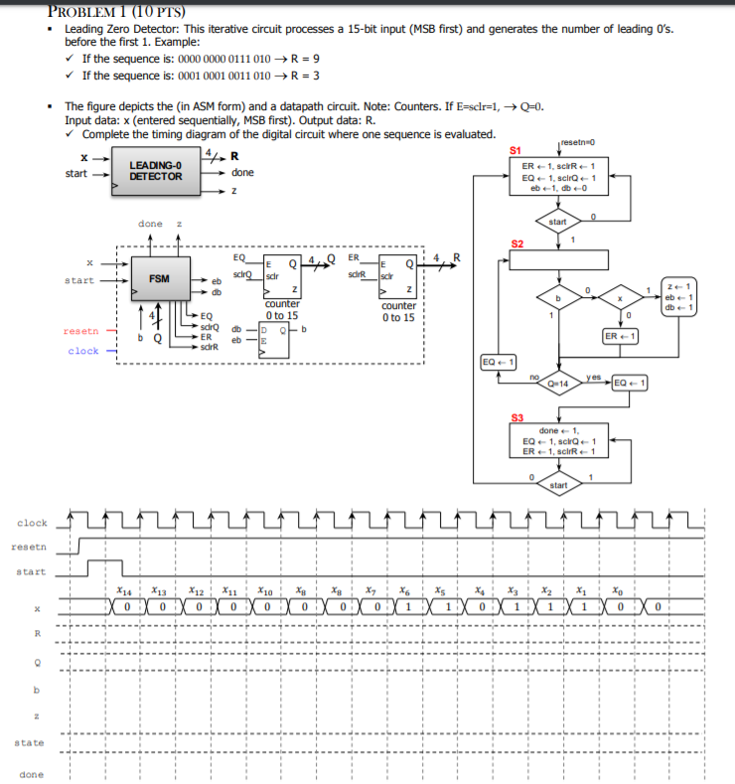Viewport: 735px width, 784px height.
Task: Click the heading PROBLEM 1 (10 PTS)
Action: (x=105, y=10)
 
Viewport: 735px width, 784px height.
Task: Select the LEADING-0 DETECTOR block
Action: (x=155, y=170)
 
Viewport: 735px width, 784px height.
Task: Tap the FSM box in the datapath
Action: (x=158, y=279)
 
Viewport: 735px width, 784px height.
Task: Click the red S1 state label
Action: (x=514, y=149)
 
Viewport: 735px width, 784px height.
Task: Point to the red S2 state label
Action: (x=515, y=243)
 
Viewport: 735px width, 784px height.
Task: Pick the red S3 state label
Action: (x=515, y=416)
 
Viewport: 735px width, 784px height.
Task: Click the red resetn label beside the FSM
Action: (x=79, y=331)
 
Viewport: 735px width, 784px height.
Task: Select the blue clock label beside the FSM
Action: (x=83, y=351)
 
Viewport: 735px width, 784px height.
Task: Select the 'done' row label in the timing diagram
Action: (x=30, y=774)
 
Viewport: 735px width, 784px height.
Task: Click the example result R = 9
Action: (x=303, y=59)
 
